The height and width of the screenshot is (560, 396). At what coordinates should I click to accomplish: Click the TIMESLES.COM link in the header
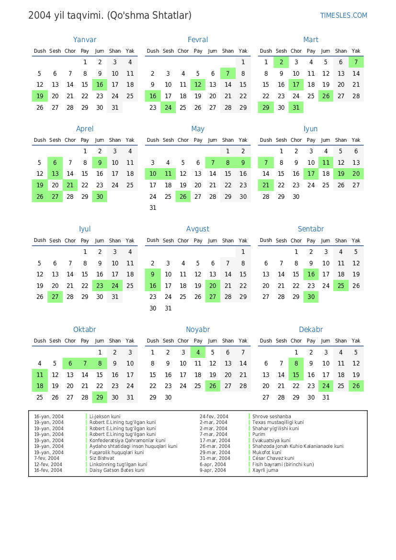tap(343, 15)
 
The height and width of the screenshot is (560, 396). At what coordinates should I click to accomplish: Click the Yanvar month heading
tap(85, 40)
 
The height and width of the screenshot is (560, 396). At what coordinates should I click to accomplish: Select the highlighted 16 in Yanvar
tap(100, 85)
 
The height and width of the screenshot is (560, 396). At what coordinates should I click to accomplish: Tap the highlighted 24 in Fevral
tap(168, 108)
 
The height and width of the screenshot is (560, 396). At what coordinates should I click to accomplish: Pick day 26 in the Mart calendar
tap(326, 96)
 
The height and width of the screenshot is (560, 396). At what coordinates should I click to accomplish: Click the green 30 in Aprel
tap(100, 197)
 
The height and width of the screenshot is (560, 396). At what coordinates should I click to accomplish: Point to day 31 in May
tap(153, 208)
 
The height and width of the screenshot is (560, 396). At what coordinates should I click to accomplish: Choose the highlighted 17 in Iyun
tap(311, 174)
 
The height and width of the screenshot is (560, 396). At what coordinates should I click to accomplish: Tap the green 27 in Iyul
tap(55, 297)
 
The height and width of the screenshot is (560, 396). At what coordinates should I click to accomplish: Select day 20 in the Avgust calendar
tap(213, 286)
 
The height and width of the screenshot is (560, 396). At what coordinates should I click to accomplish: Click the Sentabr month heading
tap(311, 229)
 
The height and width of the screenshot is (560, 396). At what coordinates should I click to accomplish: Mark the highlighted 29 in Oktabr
tap(100, 397)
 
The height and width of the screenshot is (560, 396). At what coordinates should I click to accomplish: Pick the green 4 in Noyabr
tap(198, 352)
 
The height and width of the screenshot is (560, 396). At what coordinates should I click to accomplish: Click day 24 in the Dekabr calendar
tap(326, 386)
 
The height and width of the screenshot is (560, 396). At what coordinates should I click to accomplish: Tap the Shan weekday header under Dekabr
tap(341, 341)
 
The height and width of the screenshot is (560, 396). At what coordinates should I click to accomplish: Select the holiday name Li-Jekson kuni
tap(105, 417)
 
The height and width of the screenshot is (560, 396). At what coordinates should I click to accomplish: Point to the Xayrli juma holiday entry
tap(265, 470)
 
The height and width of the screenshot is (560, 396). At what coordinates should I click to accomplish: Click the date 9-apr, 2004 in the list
tap(213, 470)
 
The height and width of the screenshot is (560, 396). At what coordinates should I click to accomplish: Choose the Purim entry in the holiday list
tap(259, 434)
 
